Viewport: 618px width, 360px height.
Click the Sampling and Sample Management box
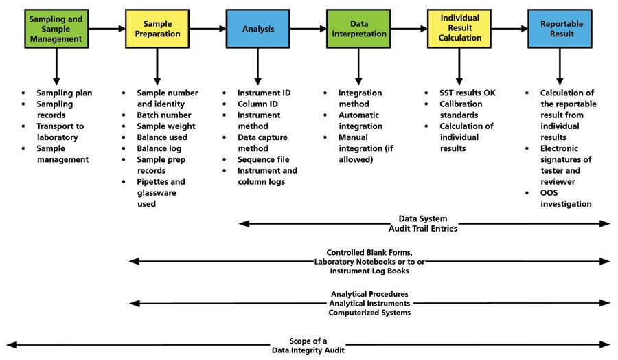coord(56,29)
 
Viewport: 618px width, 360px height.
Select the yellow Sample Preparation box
coord(157,29)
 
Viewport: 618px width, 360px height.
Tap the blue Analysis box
coord(257,29)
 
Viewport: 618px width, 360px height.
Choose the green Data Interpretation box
coord(358,29)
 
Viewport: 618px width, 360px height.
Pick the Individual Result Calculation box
coord(459,29)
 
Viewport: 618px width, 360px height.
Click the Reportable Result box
coord(560,29)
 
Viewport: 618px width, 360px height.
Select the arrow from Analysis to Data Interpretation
coord(308,29)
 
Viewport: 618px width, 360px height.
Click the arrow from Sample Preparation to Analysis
coord(207,29)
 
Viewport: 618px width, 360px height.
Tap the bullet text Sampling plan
coord(64,93)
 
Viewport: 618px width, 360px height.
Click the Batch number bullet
coord(163,115)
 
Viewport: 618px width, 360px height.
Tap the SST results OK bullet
coord(467,93)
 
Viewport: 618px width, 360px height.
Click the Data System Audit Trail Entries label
coord(423,223)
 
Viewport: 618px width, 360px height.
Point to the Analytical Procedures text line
coord(369,294)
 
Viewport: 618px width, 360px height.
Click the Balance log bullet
coord(161,148)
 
